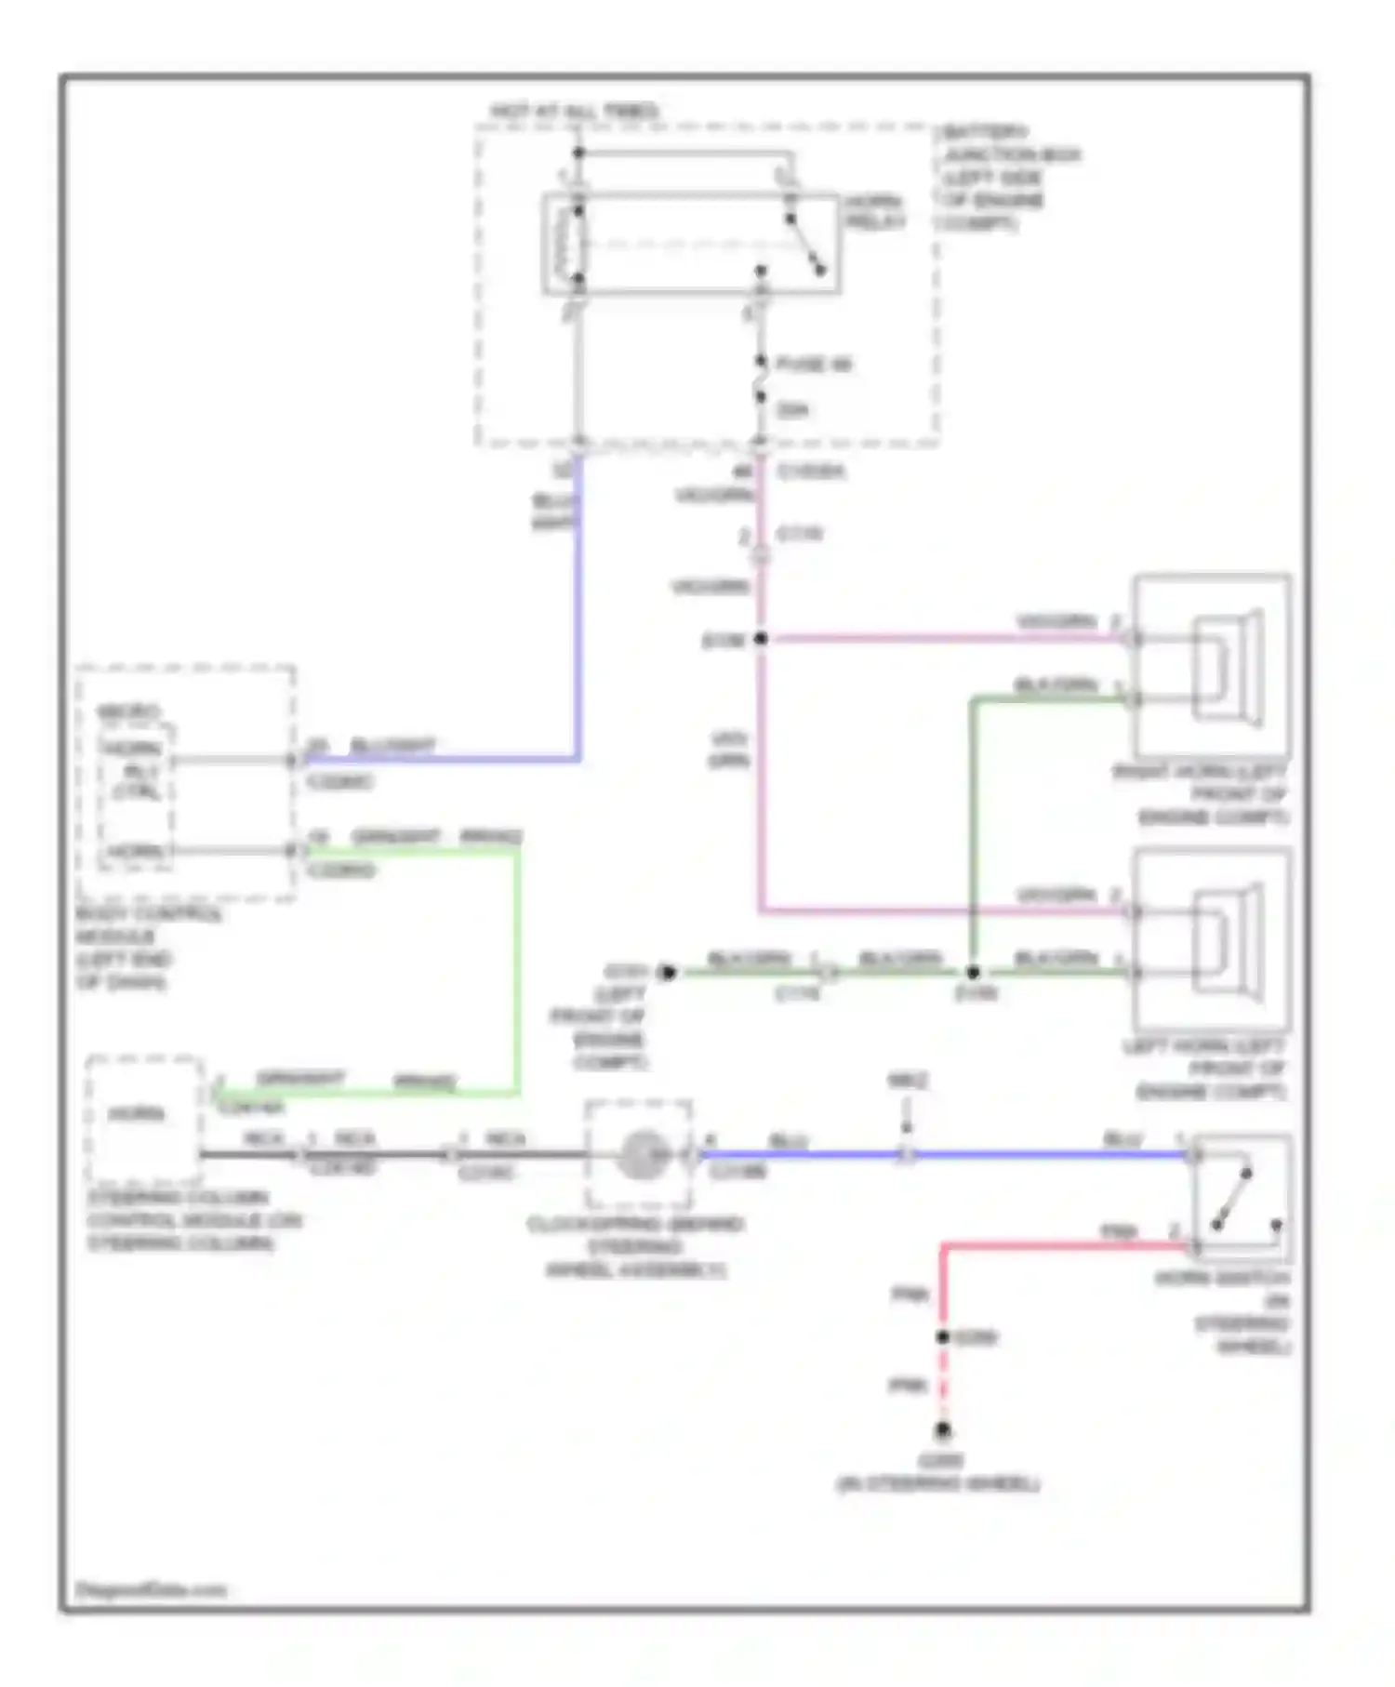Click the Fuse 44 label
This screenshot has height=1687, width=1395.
click(x=813, y=364)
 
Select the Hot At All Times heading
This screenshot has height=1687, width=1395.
click(x=574, y=112)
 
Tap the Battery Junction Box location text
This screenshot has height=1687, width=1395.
click(x=1008, y=178)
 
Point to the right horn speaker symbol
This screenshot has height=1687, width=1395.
click(x=1227, y=667)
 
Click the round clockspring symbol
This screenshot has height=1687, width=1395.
click(x=641, y=1155)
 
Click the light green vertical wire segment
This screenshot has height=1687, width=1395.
click(x=516, y=967)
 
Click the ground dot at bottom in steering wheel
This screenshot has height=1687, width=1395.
click(x=942, y=1429)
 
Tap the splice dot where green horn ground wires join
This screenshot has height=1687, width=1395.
click(x=972, y=973)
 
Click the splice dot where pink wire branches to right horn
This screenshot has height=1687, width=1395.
click(x=760, y=639)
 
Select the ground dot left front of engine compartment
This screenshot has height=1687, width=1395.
click(x=666, y=973)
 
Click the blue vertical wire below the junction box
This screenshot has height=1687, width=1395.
click(x=578, y=604)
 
